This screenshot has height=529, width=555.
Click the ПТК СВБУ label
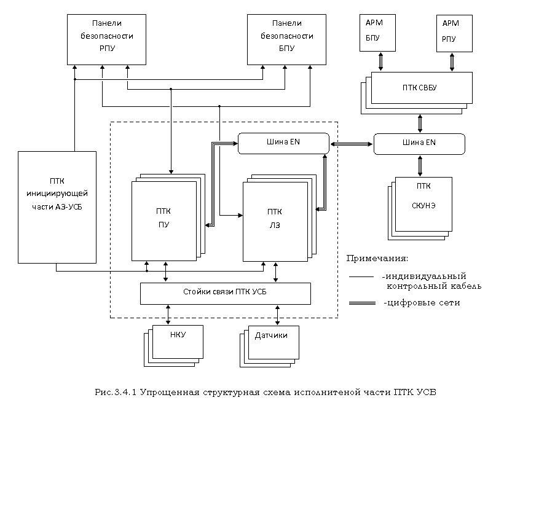[419, 88]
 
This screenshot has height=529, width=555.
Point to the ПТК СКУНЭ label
[423, 195]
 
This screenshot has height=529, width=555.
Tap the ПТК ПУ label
[163, 218]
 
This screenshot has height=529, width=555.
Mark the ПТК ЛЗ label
[275, 219]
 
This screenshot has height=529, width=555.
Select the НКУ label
[178, 335]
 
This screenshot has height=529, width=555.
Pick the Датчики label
[271, 335]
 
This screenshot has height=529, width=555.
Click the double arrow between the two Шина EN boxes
[352, 144]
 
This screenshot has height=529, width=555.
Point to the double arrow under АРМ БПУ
[381, 62]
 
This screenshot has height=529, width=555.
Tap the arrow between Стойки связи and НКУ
[168, 315]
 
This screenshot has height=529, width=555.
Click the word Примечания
[377, 259]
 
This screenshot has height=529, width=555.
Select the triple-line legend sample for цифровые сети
[362, 304]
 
